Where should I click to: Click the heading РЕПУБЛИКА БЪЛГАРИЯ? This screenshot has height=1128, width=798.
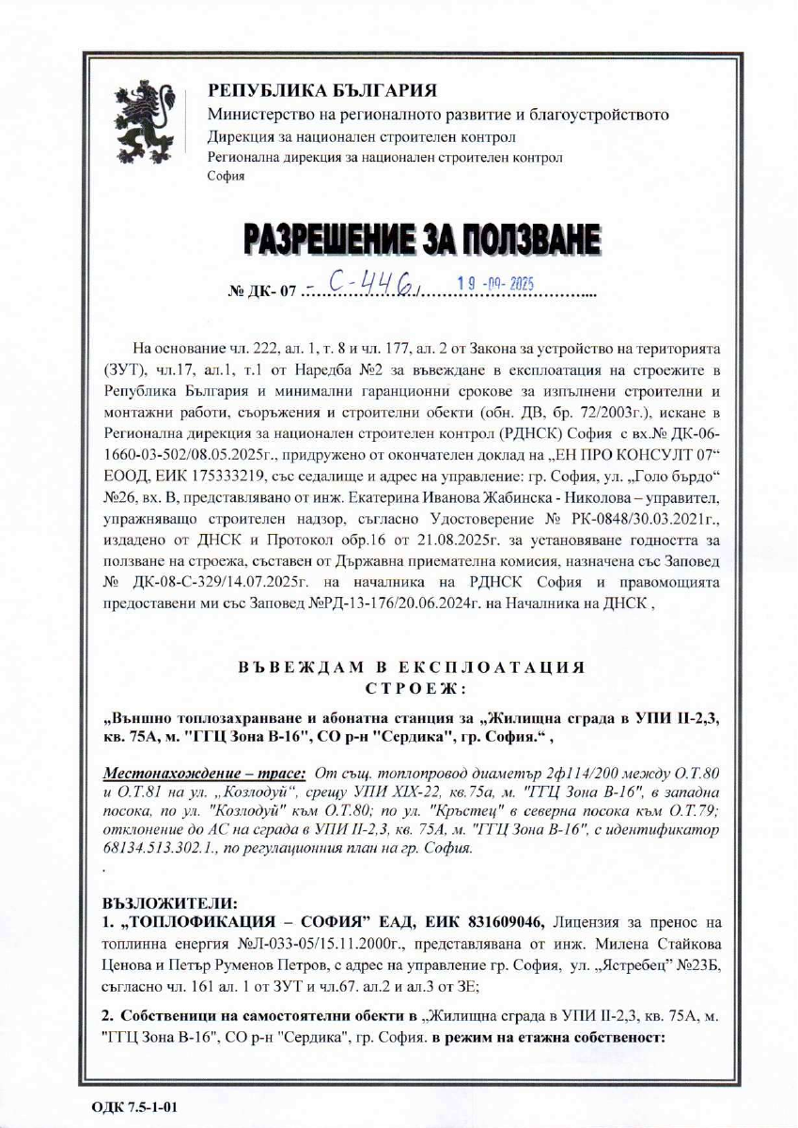(x=322, y=91)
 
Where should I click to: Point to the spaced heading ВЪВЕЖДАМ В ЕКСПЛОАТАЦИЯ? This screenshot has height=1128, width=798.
(x=412, y=667)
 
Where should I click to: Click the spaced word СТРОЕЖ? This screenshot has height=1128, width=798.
(x=412, y=686)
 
